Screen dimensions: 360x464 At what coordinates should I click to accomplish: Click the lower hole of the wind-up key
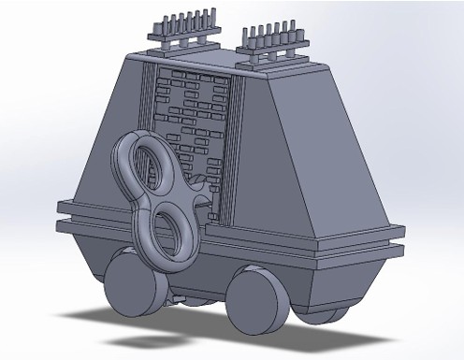168,232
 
